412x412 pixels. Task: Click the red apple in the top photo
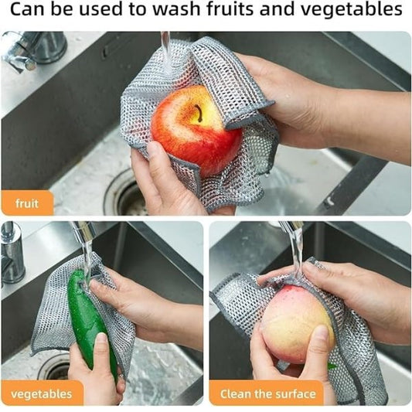tap(197, 130)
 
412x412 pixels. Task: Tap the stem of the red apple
tap(199, 113)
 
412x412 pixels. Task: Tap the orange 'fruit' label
tap(27, 203)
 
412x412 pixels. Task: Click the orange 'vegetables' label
tap(42, 394)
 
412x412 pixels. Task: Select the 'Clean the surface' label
tap(267, 394)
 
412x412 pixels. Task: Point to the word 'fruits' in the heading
tap(230, 9)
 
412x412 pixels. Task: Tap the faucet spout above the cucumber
tap(84, 231)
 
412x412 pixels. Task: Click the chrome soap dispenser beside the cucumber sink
tap(12, 254)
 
